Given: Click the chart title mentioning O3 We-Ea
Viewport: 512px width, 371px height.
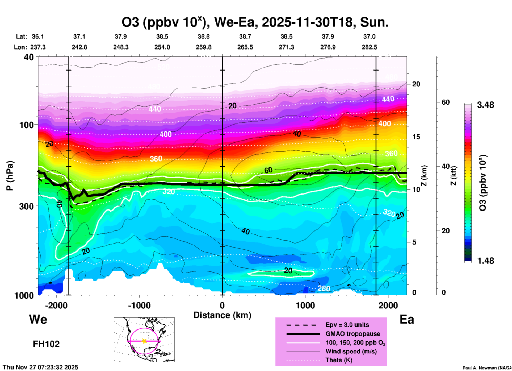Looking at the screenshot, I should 255,22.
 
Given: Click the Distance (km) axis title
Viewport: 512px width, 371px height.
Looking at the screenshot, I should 222,315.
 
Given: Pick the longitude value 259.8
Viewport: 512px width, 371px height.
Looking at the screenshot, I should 204,47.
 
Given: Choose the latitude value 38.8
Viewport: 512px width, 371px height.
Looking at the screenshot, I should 204,36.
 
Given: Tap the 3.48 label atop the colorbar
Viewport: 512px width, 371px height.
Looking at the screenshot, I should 485,105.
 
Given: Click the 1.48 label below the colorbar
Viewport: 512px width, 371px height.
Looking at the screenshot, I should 485,261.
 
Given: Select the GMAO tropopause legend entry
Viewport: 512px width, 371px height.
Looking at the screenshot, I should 353,334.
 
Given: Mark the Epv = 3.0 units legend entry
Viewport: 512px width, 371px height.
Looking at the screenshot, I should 347,325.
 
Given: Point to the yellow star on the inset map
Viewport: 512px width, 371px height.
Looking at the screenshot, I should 144,341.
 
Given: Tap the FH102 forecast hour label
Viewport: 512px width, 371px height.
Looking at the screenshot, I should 46,344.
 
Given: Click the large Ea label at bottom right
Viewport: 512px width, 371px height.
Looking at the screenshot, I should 407,320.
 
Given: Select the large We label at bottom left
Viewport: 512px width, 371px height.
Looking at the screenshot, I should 38,319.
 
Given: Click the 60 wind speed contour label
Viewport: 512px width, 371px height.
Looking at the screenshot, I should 268,170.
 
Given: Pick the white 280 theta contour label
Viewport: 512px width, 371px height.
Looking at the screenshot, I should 324,288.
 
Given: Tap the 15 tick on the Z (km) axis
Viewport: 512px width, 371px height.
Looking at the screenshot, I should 416,137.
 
